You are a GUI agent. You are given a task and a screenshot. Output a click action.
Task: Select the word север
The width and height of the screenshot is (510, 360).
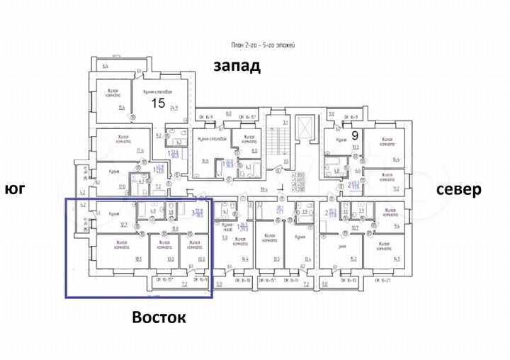458,189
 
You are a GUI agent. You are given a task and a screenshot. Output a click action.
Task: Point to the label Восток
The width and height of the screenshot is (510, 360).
159,317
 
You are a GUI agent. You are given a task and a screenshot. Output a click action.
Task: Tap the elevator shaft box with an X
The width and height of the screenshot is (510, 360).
305,127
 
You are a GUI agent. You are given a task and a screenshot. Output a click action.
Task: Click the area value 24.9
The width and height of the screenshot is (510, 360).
172,108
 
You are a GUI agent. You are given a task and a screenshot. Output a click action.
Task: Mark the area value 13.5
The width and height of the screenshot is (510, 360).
277,259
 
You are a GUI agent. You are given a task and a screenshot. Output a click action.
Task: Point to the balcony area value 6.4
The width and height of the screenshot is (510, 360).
105,65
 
